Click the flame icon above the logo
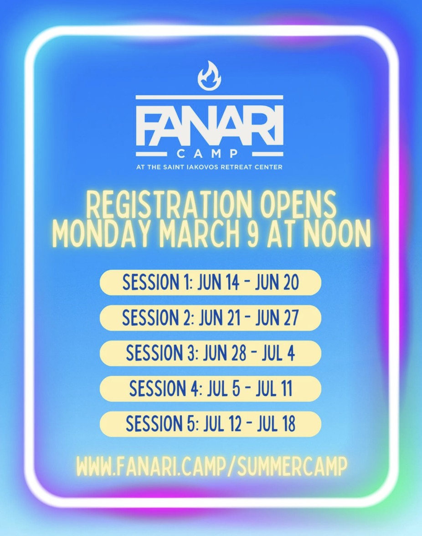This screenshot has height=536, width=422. (210, 76)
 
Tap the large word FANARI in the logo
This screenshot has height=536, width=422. (210, 125)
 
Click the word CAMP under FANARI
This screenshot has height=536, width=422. (207, 154)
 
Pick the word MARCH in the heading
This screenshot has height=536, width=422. (199, 234)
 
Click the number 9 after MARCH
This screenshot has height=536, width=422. (252, 234)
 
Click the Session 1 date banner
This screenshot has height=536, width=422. (211, 283)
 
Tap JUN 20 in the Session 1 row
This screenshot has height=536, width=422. (277, 283)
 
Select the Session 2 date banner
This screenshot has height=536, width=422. (211, 318)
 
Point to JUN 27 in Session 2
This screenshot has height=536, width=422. (277, 318)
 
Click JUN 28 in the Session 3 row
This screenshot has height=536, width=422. (225, 353)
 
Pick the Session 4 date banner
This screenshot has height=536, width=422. (211, 389)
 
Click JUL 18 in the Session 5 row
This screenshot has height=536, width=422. (277, 424)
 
